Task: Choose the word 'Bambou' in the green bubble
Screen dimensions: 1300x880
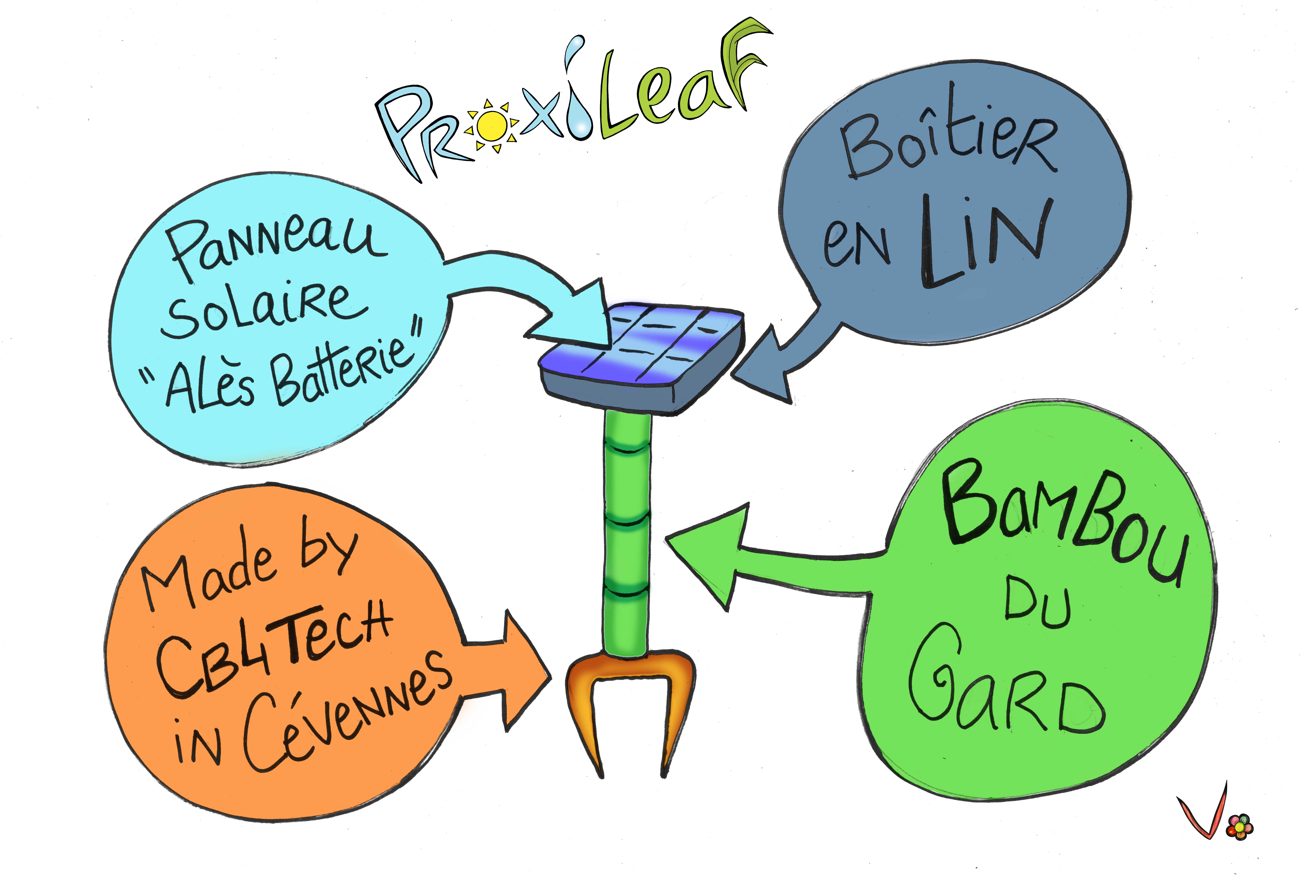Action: click(1063, 523)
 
